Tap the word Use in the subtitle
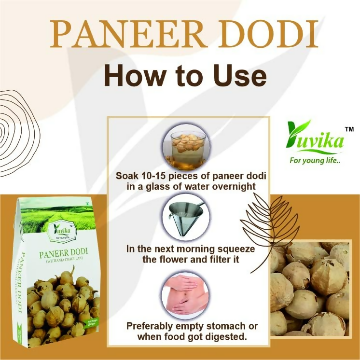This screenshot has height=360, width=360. click(238, 76)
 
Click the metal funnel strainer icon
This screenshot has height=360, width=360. click(185, 217)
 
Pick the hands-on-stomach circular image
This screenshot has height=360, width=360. click(185, 295)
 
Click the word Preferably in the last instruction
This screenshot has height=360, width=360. click(149, 326)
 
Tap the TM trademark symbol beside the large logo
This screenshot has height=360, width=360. click(348, 129)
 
